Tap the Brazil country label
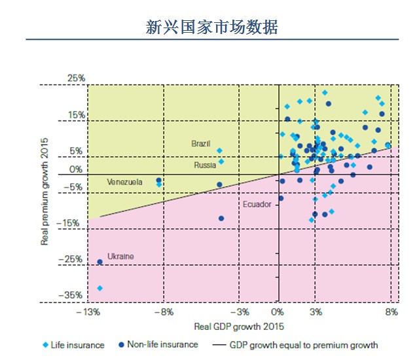(201, 143)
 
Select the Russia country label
(205, 166)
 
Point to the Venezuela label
(124, 182)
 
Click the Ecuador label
(257, 204)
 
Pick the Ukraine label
(120, 257)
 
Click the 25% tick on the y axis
(77, 79)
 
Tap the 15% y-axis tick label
(77, 115)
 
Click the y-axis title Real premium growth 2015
(45, 190)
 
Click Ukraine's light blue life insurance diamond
(100, 288)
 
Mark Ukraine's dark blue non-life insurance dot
(100, 262)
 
